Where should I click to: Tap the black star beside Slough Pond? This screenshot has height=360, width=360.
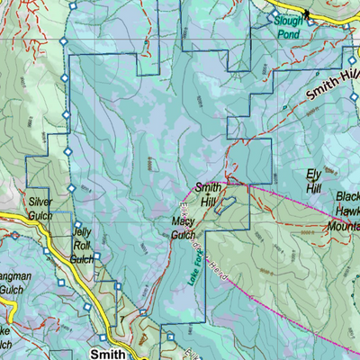click(x=306, y=13)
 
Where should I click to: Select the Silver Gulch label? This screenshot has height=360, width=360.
click(x=40, y=209)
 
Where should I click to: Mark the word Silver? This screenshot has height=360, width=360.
click(x=40, y=202)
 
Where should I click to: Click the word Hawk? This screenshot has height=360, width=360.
click(x=347, y=211)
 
